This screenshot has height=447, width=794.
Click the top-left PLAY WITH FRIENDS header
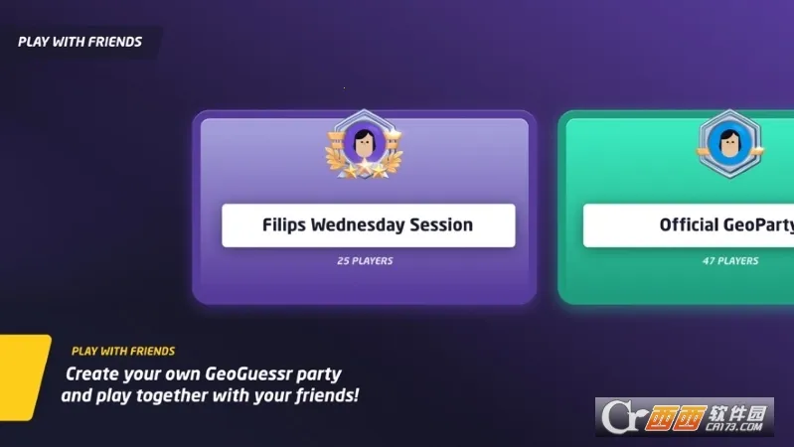click(x=79, y=42)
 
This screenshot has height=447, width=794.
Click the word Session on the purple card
click(x=445, y=224)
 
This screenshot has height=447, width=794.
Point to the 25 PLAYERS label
click(x=365, y=261)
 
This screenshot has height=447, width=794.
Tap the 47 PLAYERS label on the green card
click(x=730, y=261)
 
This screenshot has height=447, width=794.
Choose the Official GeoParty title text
click(x=726, y=225)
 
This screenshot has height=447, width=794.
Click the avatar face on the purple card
click(x=365, y=145)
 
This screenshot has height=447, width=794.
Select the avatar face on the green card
click(x=731, y=143)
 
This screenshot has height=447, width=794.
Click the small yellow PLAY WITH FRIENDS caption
click(x=123, y=351)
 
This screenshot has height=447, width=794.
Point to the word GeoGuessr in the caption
click(x=246, y=374)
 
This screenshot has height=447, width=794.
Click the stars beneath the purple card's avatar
click(x=365, y=171)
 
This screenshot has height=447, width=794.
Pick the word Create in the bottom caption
click(x=94, y=374)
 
